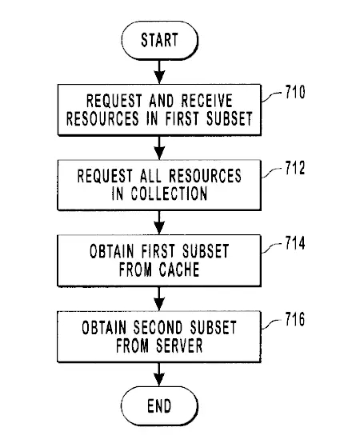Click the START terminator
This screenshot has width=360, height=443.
pos(160,40)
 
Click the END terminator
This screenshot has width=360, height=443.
pos(159,405)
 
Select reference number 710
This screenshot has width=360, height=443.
pos(295,92)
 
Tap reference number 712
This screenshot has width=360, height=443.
pos(295,168)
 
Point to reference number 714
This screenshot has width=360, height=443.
pos(295,243)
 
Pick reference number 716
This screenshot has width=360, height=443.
pos(295,319)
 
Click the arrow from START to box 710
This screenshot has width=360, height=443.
pos(159,72)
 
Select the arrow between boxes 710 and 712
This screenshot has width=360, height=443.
pos(159,148)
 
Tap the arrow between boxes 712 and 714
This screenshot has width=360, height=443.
pos(159,222)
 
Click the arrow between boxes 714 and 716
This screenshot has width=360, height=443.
pos(159,299)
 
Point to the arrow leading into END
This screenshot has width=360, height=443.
pos(159,374)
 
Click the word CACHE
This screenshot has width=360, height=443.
pos(179,269)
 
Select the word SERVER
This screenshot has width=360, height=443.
pos(179,345)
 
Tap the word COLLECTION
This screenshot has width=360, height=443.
pos(169,194)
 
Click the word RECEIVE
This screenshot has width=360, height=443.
pos(207,100)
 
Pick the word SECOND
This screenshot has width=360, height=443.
pos(158,327)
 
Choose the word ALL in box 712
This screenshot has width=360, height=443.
pos(151,176)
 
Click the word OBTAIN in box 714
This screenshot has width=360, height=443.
pos(112,251)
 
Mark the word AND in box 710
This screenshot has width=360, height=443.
pos(162,100)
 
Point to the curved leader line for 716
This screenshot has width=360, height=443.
pos(271,324)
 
